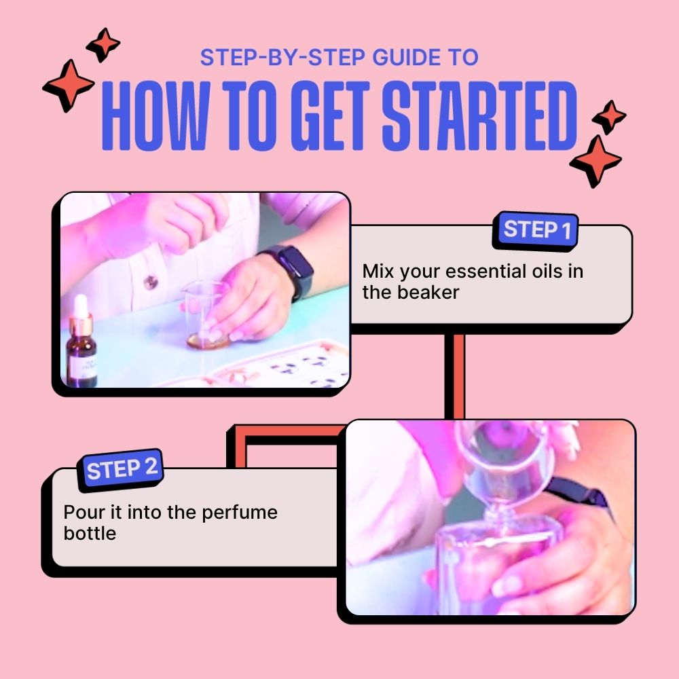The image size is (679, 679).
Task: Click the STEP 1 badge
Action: click(536, 230)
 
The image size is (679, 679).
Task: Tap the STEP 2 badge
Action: click(122, 469)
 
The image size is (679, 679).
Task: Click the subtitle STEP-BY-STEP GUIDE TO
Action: click(339, 58)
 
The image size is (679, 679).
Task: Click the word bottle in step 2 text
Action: click(90, 533)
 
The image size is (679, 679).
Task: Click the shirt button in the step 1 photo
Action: click(151, 280)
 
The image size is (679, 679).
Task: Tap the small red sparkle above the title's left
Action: click(103, 45)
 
